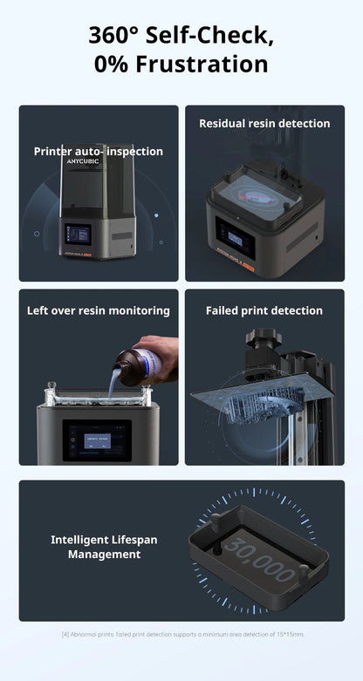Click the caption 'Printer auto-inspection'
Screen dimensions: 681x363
click(x=98, y=152)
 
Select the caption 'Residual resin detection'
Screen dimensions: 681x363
click(x=264, y=124)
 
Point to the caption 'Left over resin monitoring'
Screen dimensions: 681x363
click(x=98, y=310)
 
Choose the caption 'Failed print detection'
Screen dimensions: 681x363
click(x=264, y=310)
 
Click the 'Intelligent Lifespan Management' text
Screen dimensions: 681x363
click(x=104, y=547)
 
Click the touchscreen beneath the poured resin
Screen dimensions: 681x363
click(x=97, y=439)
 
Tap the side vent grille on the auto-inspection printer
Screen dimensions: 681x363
click(x=121, y=235)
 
